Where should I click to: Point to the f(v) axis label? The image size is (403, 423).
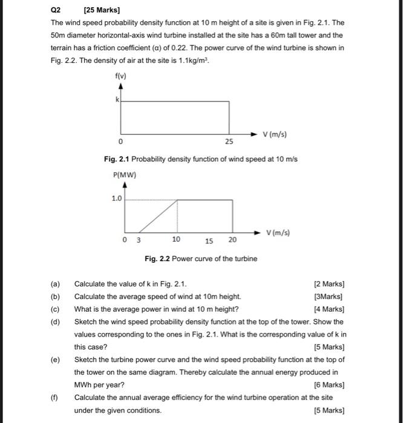coord(120,76)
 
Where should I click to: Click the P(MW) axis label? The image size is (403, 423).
coord(125,175)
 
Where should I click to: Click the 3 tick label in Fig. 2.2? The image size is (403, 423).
coord(138,240)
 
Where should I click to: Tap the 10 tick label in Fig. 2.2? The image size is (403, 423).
coord(176,239)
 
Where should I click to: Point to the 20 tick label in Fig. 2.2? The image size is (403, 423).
coord(232,240)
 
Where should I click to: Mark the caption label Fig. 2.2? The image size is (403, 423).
coord(157,259)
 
